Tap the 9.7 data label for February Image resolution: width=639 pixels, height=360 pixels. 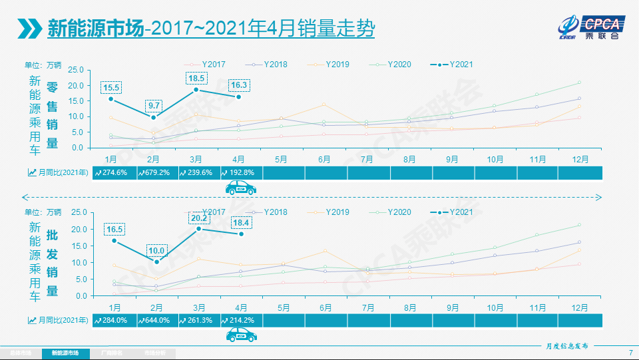point(154,106)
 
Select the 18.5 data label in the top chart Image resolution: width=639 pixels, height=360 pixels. point(196,79)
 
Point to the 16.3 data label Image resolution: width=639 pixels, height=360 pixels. point(239,85)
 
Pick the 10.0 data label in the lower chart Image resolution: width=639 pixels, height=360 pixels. point(156,250)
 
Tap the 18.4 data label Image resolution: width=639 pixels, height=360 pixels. point(241,222)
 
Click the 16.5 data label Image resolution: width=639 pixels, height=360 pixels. point(114,229)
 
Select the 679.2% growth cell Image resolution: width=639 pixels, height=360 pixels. point(155,172)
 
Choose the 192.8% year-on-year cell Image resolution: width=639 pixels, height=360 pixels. point(241,172)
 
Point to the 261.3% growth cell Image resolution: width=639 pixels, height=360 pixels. point(198,320)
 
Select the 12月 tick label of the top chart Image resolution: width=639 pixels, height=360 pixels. point(579,160)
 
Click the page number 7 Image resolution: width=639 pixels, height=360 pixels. point(630,353)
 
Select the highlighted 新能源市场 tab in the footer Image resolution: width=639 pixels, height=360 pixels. point(65,353)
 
